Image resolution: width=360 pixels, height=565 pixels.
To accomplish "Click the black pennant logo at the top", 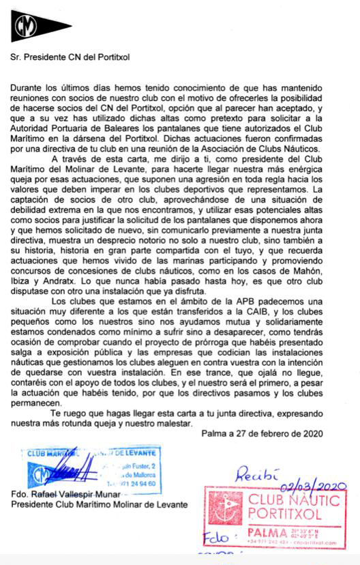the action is [x=40, y=27].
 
